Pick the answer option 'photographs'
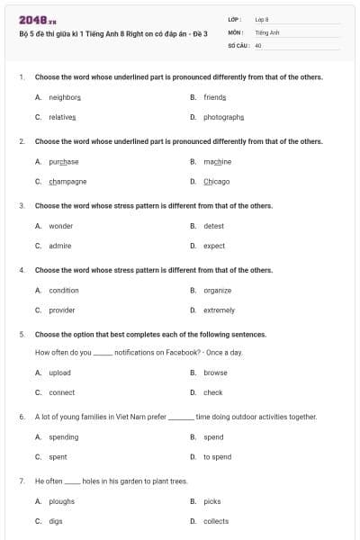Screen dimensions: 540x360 [223, 117]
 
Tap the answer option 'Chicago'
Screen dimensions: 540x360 [216, 181]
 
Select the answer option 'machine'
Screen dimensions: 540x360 [217, 162]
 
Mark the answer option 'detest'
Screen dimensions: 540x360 [213, 226]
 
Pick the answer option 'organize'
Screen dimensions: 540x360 [217, 291]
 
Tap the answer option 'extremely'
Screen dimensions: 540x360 [219, 310]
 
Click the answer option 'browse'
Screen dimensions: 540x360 [215, 373]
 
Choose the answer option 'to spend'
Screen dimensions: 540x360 [217, 457]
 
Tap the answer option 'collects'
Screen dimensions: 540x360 [216, 521]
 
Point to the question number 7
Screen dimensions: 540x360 [21, 481]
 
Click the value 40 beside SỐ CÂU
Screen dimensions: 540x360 [258, 44]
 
